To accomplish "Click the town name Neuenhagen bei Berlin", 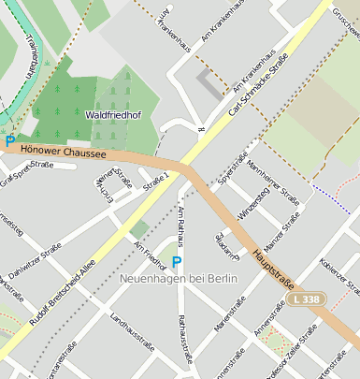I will [179, 279].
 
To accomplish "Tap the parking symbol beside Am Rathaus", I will [176, 262].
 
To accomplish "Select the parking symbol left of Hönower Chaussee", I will [10, 141].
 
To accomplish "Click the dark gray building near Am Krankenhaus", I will [210, 84].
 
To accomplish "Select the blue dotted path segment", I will [332, 198].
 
